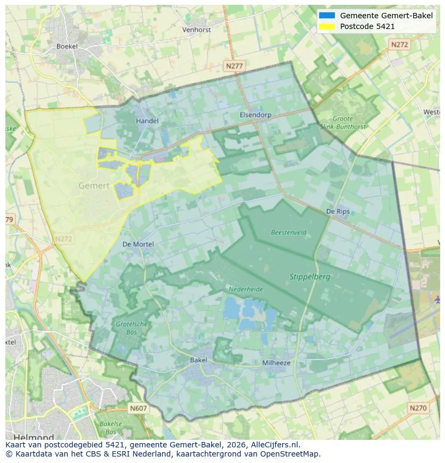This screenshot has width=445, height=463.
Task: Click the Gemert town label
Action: click(x=94, y=186)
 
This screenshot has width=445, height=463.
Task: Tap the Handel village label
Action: click(x=147, y=121)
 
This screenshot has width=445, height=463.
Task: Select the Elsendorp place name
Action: click(x=255, y=115)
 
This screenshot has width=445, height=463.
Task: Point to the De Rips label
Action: click(x=338, y=212)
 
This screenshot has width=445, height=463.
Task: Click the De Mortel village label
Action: click(x=138, y=244)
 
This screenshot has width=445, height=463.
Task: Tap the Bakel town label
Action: click(x=199, y=360)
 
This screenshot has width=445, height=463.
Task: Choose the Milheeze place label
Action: click(x=276, y=363)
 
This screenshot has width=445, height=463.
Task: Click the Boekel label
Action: click(x=67, y=46)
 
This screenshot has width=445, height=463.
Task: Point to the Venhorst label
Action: click(x=196, y=30)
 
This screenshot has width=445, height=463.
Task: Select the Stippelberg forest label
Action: click(x=310, y=277)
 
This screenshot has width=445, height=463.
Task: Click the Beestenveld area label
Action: click(x=289, y=232)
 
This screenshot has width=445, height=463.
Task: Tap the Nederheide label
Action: click(x=246, y=289)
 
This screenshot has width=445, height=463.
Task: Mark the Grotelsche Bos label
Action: click(x=127, y=328)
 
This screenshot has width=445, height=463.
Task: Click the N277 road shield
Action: click(x=234, y=66)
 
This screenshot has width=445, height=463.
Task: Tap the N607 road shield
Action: click(x=138, y=409)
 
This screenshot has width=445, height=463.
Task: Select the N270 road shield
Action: click(x=418, y=408)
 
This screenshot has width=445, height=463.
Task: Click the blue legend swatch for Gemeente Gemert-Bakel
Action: click(x=326, y=16)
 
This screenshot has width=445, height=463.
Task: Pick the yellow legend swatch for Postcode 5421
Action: click(x=326, y=26)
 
